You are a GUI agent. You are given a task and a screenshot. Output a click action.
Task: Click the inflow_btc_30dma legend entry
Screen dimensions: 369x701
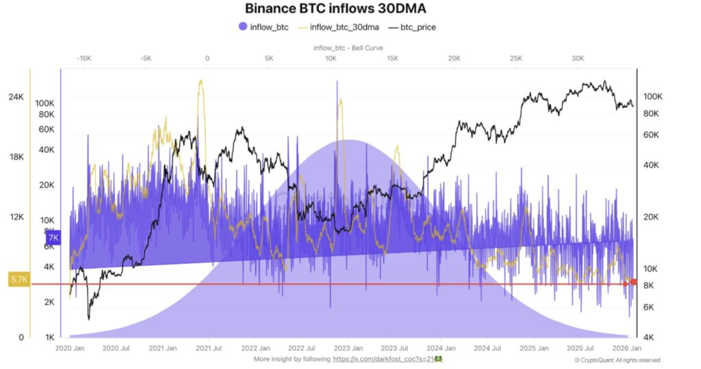[x=340, y=27]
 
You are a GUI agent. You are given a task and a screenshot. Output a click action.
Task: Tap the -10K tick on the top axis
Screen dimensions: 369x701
[x=84, y=59]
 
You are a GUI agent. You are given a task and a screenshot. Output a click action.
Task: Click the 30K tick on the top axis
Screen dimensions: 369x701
[x=578, y=59]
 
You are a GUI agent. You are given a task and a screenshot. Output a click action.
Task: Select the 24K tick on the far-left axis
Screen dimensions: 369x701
[x=16, y=97]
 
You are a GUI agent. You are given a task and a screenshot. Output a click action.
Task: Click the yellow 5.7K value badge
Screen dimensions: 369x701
[x=18, y=279]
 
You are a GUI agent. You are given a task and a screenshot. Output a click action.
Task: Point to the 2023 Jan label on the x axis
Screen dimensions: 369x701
[x=350, y=348]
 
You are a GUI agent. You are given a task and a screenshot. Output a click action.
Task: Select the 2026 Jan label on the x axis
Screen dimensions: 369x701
[x=625, y=348]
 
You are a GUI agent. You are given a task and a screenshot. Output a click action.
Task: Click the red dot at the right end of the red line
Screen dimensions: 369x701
[x=633, y=282]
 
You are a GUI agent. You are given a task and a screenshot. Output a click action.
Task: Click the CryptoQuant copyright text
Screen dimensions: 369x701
[x=617, y=359]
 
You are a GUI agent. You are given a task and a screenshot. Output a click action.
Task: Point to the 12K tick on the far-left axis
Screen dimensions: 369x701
[x=16, y=217]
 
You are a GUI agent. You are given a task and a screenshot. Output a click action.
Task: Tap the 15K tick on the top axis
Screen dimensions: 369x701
[x=392, y=59]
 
